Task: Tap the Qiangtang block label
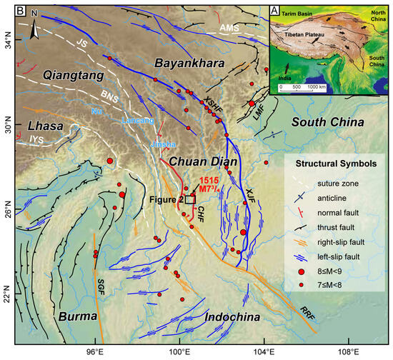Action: coord(53,74)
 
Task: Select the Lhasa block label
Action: coord(30,126)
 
